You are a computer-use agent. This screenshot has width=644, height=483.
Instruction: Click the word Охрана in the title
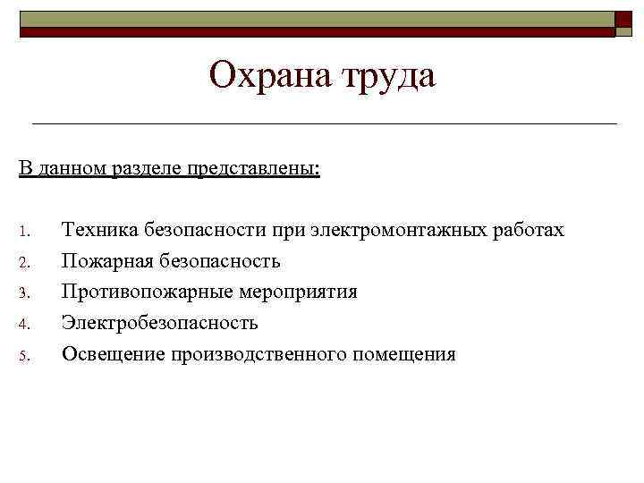[268, 76]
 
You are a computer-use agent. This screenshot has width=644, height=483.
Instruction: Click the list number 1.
[25, 233]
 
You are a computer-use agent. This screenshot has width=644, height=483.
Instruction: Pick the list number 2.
[25, 263]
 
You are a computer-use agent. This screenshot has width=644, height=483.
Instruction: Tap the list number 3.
[25, 293]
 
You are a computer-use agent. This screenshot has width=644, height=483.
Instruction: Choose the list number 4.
[25, 324]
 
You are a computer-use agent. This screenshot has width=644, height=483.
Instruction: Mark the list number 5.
[25, 354]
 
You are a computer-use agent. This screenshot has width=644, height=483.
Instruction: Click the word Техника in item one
[97, 231]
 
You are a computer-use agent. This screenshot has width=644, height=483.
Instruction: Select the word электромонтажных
[400, 231]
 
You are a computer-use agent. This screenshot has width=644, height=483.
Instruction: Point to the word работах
[530, 231]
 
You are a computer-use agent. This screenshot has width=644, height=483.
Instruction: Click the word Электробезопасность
[160, 322]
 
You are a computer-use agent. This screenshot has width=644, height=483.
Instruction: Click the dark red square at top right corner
[625, 24]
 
